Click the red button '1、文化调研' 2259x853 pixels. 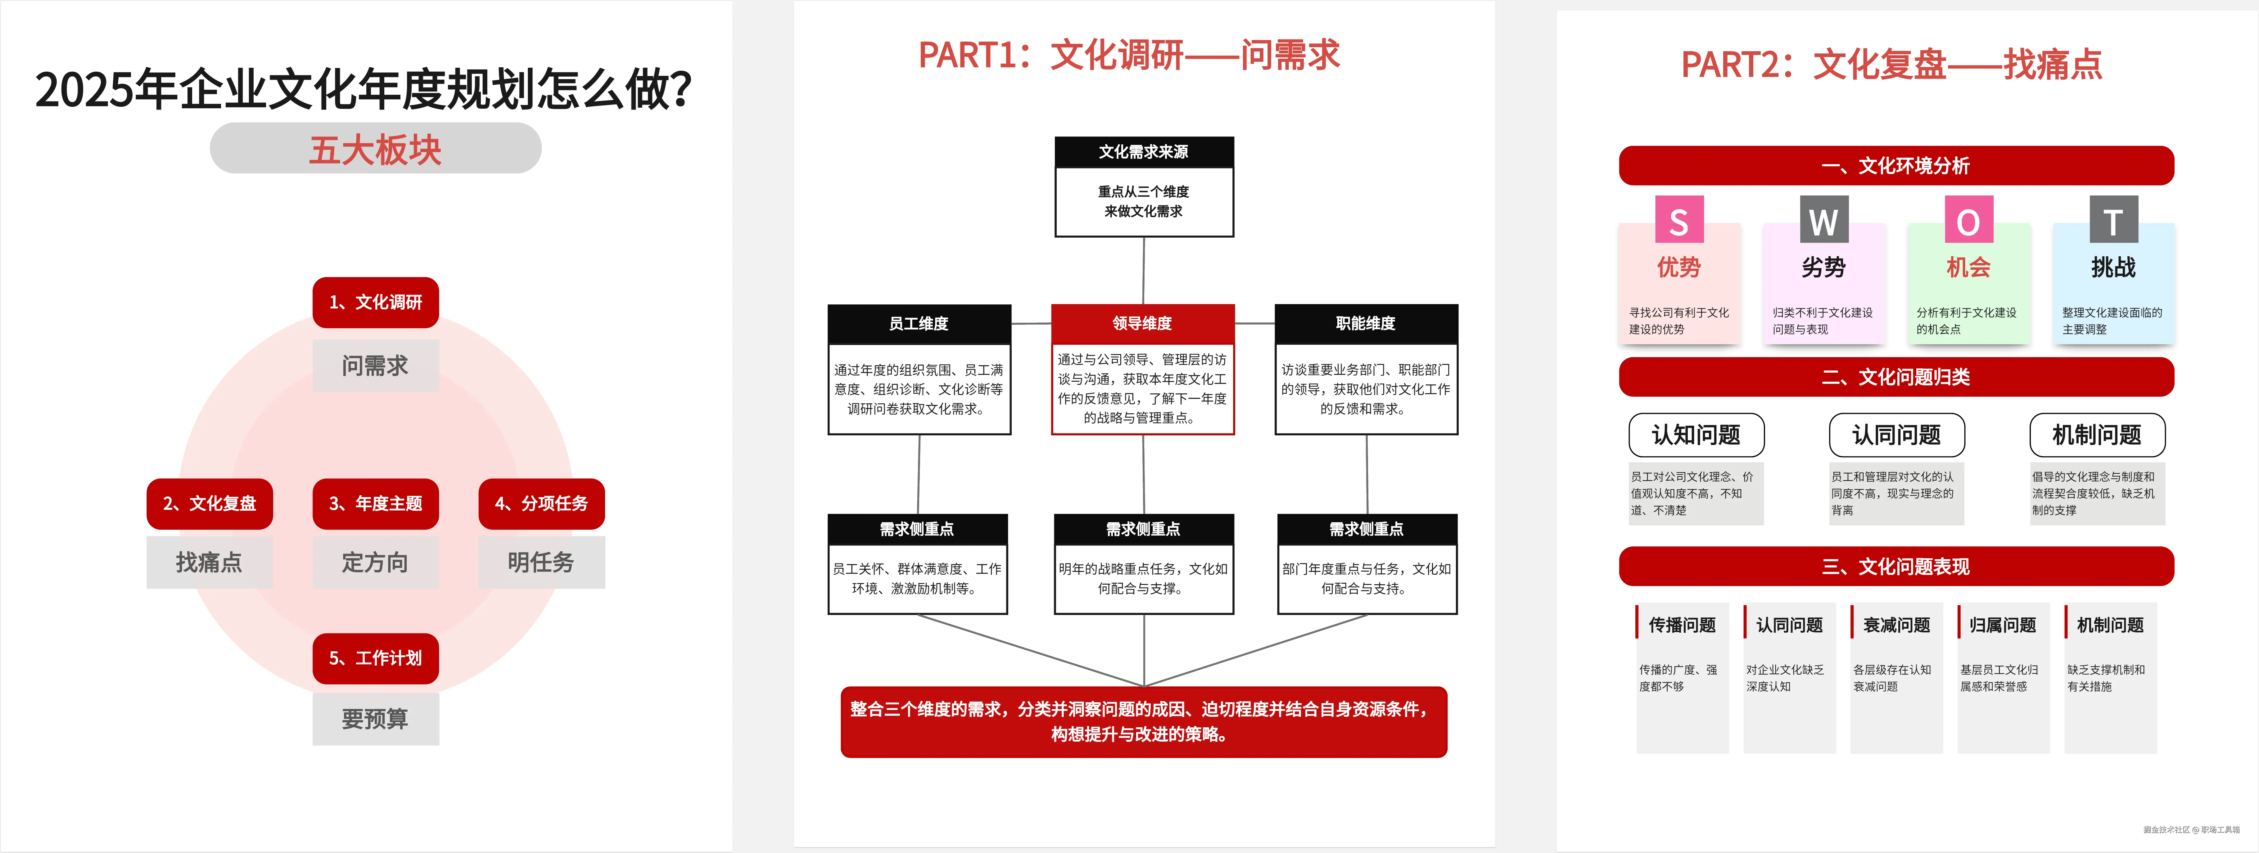coord(375,303)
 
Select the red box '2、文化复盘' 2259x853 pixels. coord(210,503)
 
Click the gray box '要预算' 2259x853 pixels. coord(375,719)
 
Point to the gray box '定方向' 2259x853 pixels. coord(375,562)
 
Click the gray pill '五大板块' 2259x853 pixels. coord(375,149)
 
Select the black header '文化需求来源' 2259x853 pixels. coord(1144,152)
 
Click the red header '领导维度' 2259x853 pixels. coord(1143,324)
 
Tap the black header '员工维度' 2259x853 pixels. coord(919,324)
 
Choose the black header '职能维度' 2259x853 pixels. coord(1365,324)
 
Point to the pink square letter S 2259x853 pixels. coord(1678,221)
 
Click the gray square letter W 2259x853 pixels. coord(1823,221)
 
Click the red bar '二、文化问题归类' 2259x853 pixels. coord(1896,377)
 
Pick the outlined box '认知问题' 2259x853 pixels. coord(1696,435)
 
